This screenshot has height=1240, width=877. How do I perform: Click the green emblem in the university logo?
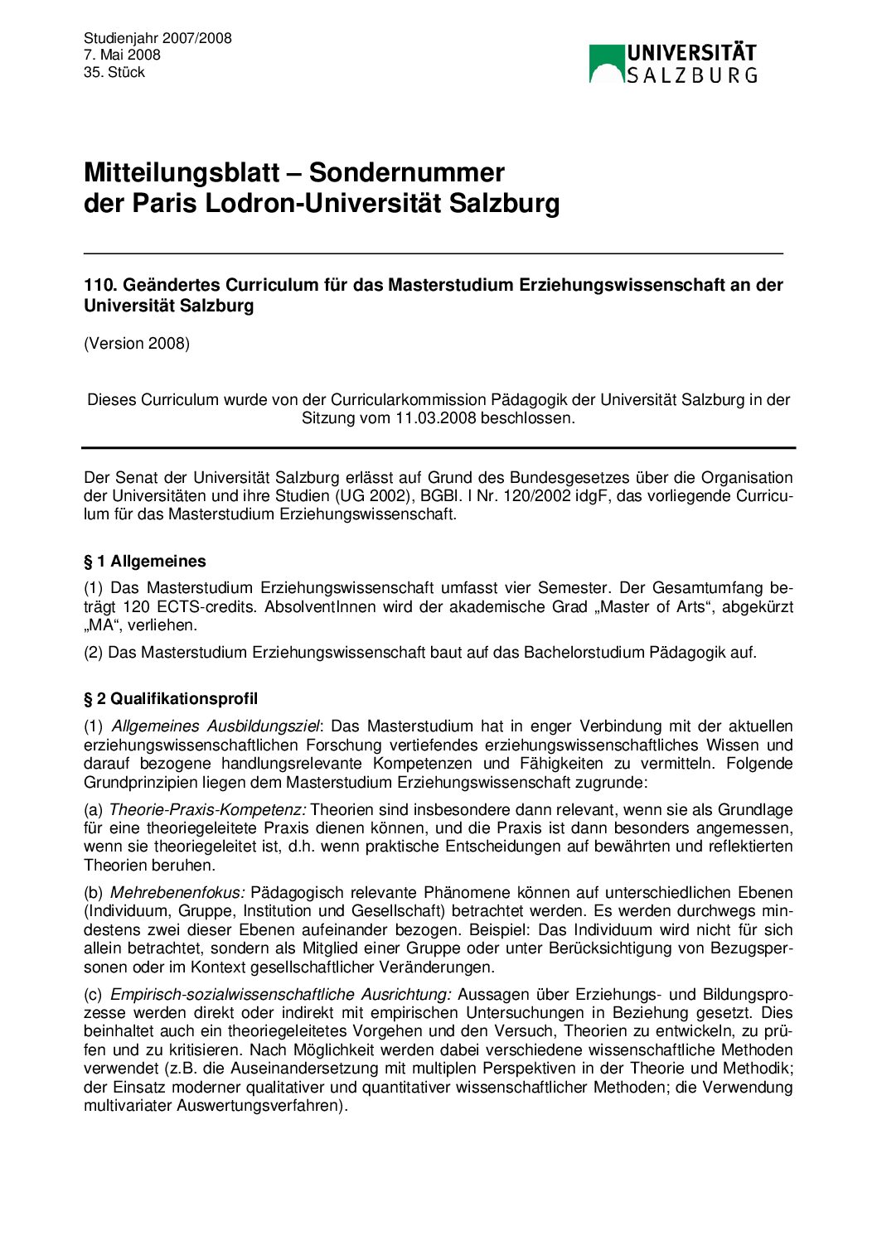606,63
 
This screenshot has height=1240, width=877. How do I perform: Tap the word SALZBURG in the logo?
691,75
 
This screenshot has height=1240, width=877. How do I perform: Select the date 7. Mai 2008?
122,55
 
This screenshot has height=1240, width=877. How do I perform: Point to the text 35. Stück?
114,72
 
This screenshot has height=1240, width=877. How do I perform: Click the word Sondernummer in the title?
407,172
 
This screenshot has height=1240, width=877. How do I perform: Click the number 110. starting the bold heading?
100,285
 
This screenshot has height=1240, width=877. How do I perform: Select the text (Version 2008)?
137,343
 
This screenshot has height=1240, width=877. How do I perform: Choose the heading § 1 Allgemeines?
145,561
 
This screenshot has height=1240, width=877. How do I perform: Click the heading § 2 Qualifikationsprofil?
171,698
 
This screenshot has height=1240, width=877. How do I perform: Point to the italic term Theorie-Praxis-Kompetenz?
208,809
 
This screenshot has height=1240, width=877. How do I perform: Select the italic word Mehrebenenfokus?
177,892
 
